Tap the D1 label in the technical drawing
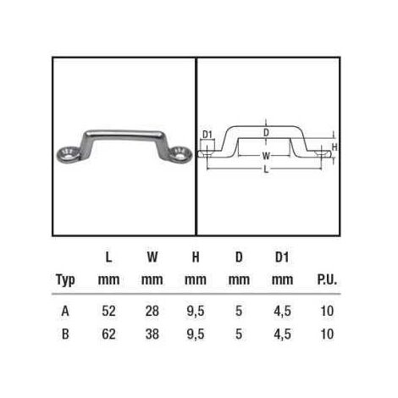[208, 134]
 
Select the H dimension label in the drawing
[334, 146]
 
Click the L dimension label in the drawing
[266, 170]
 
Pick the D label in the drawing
[266, 133]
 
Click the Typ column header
[64, 279]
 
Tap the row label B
[64, 334]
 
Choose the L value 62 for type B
[108, 334]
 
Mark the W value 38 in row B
[152, 334]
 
